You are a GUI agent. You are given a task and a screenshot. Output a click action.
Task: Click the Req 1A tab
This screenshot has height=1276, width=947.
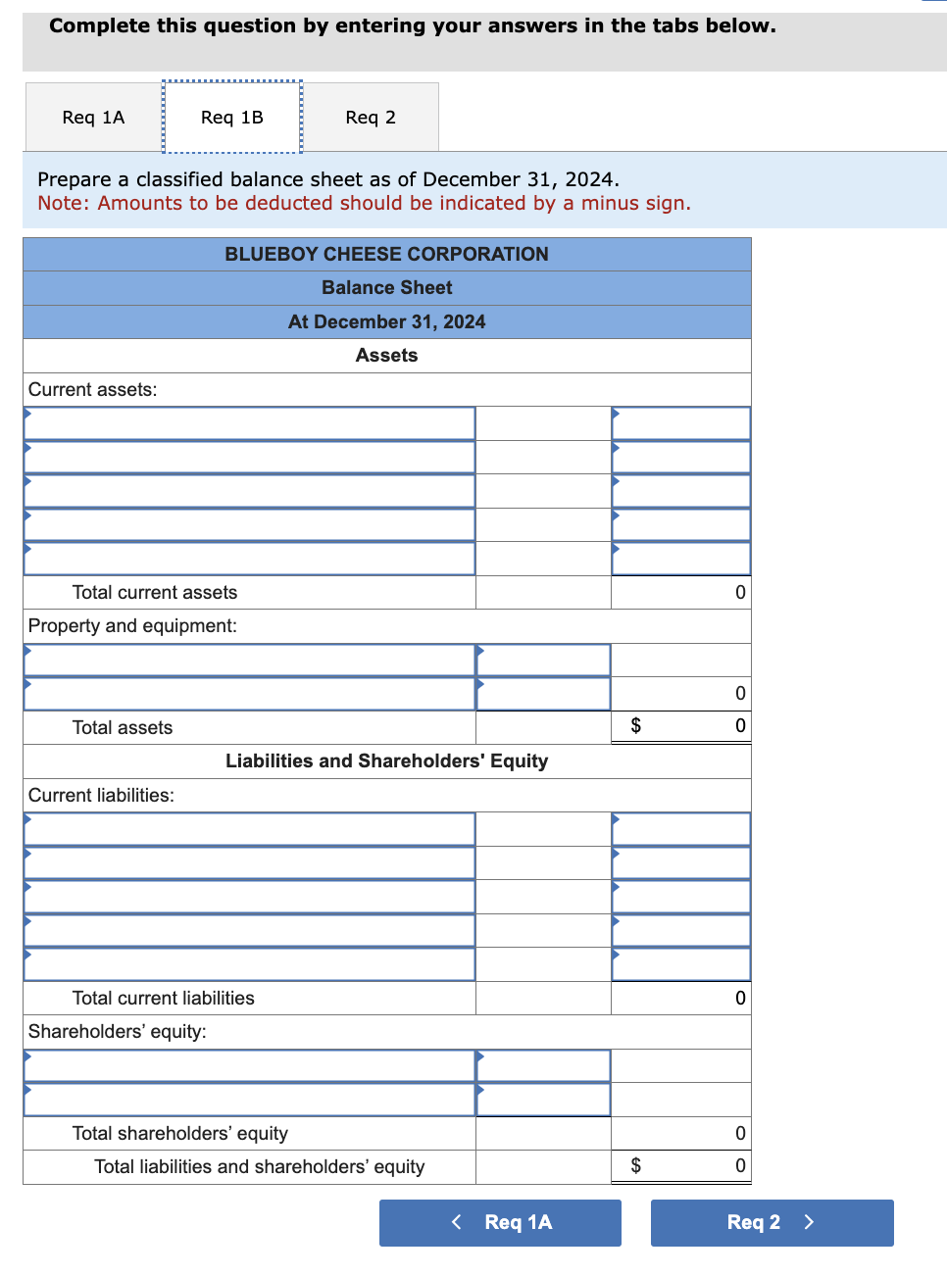pos(93,118)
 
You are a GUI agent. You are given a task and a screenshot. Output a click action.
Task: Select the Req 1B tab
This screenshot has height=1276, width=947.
pos(232,118)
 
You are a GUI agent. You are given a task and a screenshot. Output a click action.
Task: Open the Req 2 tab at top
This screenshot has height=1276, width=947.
pos(371,118)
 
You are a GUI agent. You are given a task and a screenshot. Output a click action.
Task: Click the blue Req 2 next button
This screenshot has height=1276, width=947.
pos(772,1222)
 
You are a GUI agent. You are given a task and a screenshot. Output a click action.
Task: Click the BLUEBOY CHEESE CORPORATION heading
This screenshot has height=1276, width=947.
pos(386,254)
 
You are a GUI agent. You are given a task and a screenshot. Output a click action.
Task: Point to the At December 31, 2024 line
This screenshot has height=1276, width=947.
pos(386,321)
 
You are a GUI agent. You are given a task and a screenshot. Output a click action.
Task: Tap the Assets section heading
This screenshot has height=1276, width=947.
pos(386,355)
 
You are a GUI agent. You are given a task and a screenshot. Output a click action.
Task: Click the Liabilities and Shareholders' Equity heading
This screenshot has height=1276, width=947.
pos(386,761)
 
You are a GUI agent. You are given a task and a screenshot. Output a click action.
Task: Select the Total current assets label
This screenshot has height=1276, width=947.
pos(155,592)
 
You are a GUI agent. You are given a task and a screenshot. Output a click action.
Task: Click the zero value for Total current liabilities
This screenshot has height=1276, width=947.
pos(740,998)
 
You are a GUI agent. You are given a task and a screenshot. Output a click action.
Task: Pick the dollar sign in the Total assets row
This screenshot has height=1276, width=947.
pos(635,725)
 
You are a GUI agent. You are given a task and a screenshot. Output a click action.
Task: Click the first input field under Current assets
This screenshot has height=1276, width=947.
pos(250,423)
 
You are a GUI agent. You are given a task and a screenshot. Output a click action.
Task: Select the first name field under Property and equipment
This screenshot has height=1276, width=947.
pos(250,660)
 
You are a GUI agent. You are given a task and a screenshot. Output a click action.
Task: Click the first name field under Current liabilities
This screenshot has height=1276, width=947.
pos(250,829)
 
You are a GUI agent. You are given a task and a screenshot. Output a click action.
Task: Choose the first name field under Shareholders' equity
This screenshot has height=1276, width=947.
pos(250,1066)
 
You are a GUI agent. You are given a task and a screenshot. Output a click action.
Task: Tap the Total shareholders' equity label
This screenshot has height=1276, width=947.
pos(180,1133)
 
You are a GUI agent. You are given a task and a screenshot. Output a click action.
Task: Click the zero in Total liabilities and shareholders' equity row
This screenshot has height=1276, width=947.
pos(740,1165)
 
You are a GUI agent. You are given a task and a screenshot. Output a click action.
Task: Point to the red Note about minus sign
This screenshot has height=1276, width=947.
pos(364,203)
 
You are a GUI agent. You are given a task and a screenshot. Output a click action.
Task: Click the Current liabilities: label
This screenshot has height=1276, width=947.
pos(101,795)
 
